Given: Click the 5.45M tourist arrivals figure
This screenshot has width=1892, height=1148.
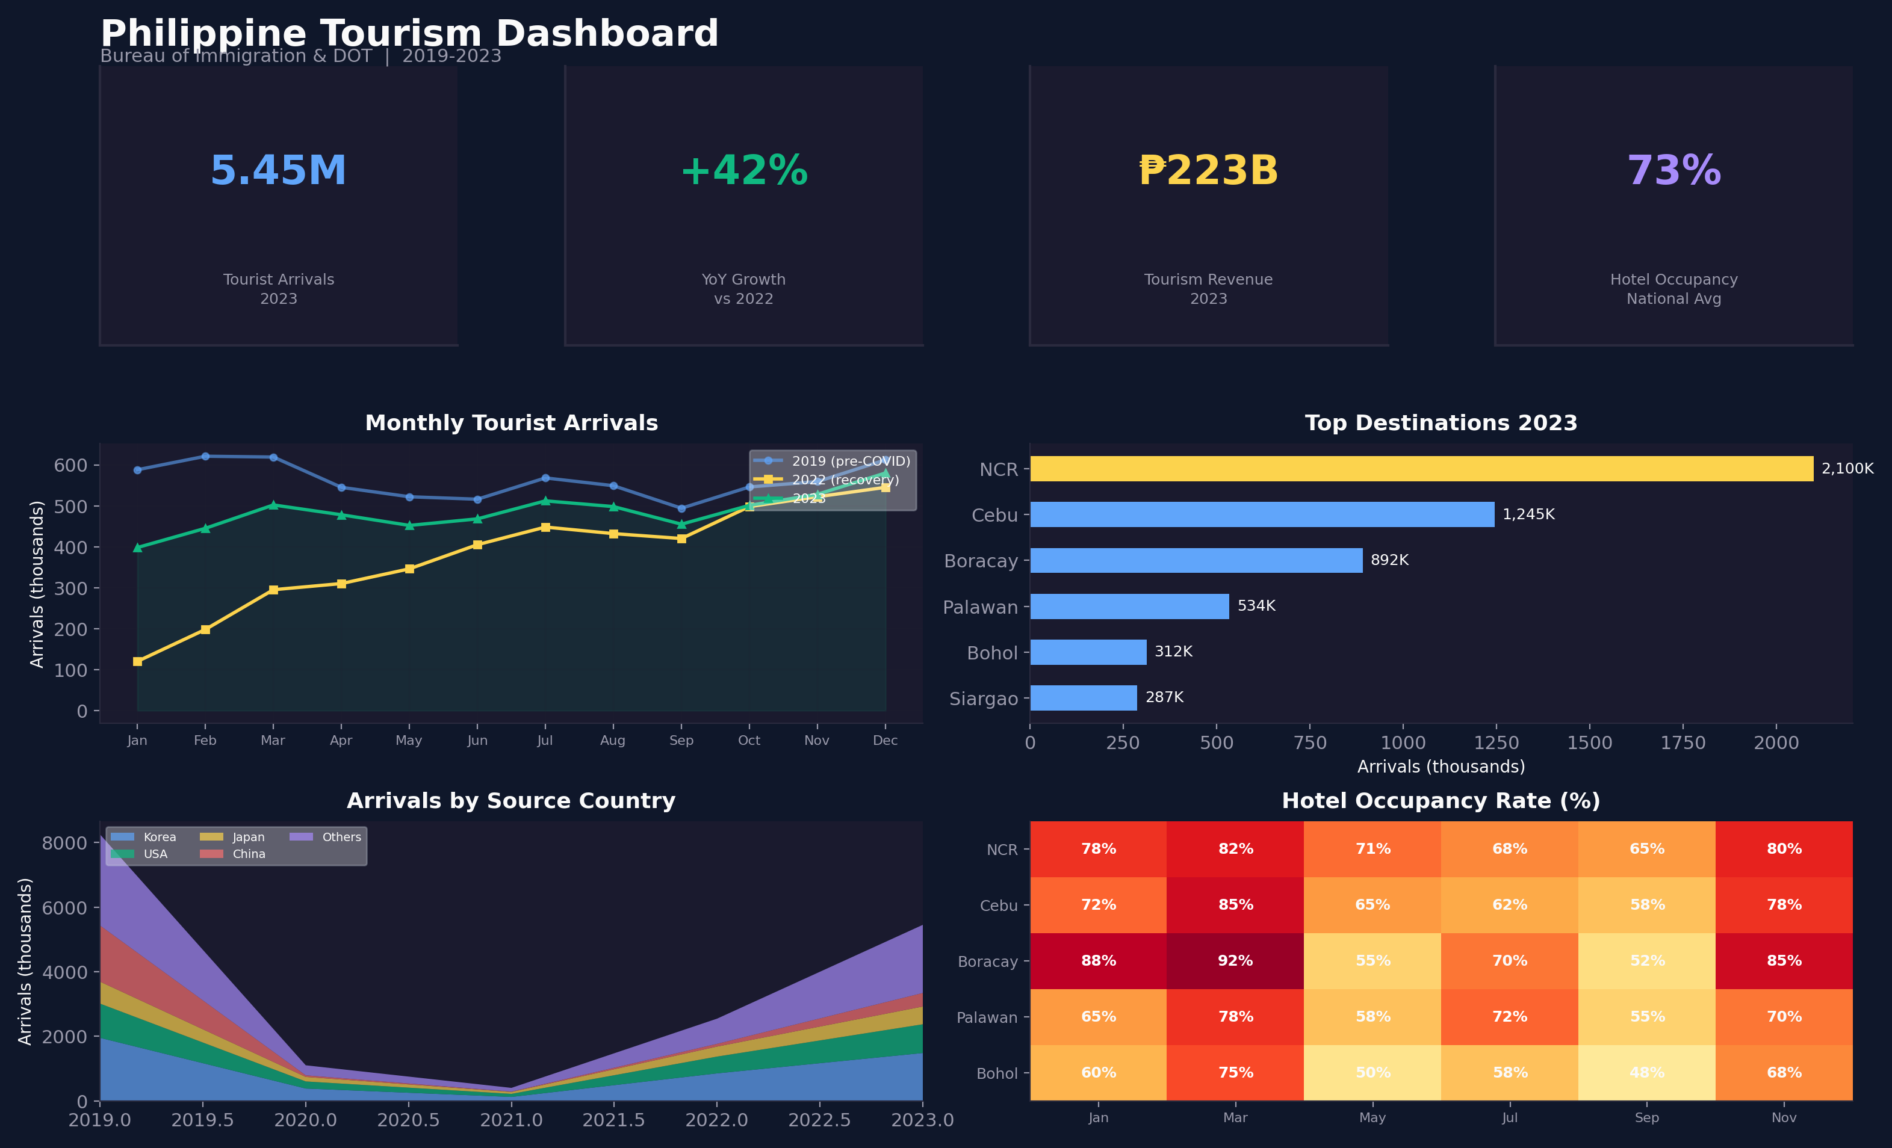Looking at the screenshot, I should [278, 170].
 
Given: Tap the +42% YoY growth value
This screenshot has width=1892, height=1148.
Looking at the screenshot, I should [743, 170].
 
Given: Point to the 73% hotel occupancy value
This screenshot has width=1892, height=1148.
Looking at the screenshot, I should [1674, 170].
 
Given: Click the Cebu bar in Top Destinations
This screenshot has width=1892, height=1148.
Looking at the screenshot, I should [1262, 514].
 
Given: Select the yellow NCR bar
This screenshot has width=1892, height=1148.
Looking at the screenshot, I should [1421, 469].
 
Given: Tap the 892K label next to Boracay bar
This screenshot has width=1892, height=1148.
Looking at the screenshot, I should [1389, 560].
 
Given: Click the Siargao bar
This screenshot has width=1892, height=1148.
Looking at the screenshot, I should [1083, 697].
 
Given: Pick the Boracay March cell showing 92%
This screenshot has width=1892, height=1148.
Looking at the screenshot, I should [1235, 961].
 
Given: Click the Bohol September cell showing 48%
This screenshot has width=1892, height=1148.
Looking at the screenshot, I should [1646, 1073].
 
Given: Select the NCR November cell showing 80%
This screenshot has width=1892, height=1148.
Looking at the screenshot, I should [1784, 849].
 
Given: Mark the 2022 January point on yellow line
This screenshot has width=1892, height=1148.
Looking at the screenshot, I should [137, 661].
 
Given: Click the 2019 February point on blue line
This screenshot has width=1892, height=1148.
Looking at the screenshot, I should [205, 457].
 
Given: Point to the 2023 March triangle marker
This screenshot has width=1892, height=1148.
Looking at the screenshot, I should [273, 505].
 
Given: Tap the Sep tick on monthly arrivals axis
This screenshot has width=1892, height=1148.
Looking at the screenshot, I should [681, 741].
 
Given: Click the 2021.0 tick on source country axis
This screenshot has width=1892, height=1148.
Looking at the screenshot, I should [512, 1120].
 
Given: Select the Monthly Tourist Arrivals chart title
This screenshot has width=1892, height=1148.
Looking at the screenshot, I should [512, 423].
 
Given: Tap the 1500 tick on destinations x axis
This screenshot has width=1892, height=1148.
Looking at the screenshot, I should [1589, 743].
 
